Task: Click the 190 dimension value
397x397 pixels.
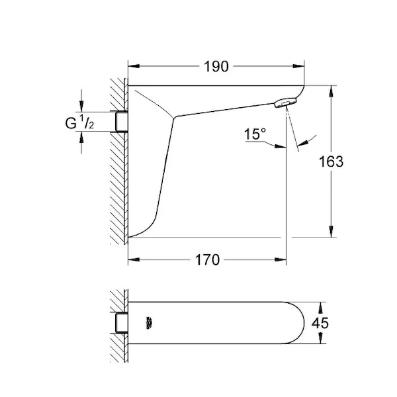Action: point(216,67)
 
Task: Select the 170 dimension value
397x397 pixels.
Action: point(207,260)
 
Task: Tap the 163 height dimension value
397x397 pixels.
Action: point(331,161)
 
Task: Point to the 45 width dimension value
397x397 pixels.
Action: point(320,323)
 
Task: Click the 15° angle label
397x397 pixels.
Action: point(255,134)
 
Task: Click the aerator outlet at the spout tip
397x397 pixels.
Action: point(285,103)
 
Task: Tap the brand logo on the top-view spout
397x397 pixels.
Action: point(150,323)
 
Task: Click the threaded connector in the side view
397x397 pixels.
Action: point(122,122)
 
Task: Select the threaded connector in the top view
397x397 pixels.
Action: point(122,323)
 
